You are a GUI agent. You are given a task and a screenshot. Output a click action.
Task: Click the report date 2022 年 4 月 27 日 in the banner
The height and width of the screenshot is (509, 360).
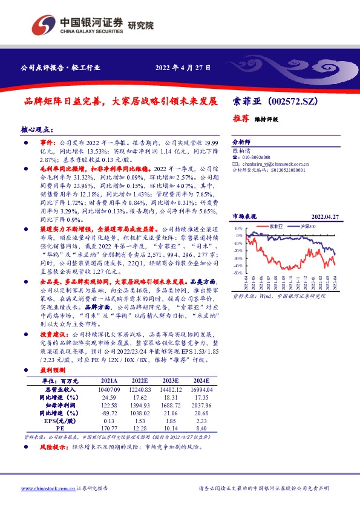tap(183, 67)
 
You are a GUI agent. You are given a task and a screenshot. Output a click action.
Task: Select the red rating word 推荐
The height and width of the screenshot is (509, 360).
tap(241, 118)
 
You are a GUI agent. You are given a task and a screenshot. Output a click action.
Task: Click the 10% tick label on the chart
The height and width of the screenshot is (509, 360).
tap(239, 229)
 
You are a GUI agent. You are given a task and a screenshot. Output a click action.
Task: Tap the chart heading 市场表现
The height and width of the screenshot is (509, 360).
tap(245, 216)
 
